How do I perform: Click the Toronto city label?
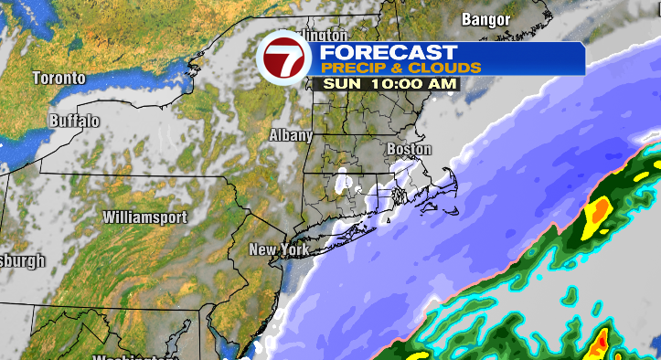coord(59,79)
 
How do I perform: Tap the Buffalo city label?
coord(74,121)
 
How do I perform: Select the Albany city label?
coord(291,135)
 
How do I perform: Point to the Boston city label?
coord(409,149)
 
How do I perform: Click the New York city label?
coord(280,249)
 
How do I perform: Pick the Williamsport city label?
coord(144,217)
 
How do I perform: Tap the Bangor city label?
coord(485,18)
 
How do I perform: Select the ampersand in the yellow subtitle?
coord(404,69)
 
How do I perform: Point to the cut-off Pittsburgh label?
coord(20,260)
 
